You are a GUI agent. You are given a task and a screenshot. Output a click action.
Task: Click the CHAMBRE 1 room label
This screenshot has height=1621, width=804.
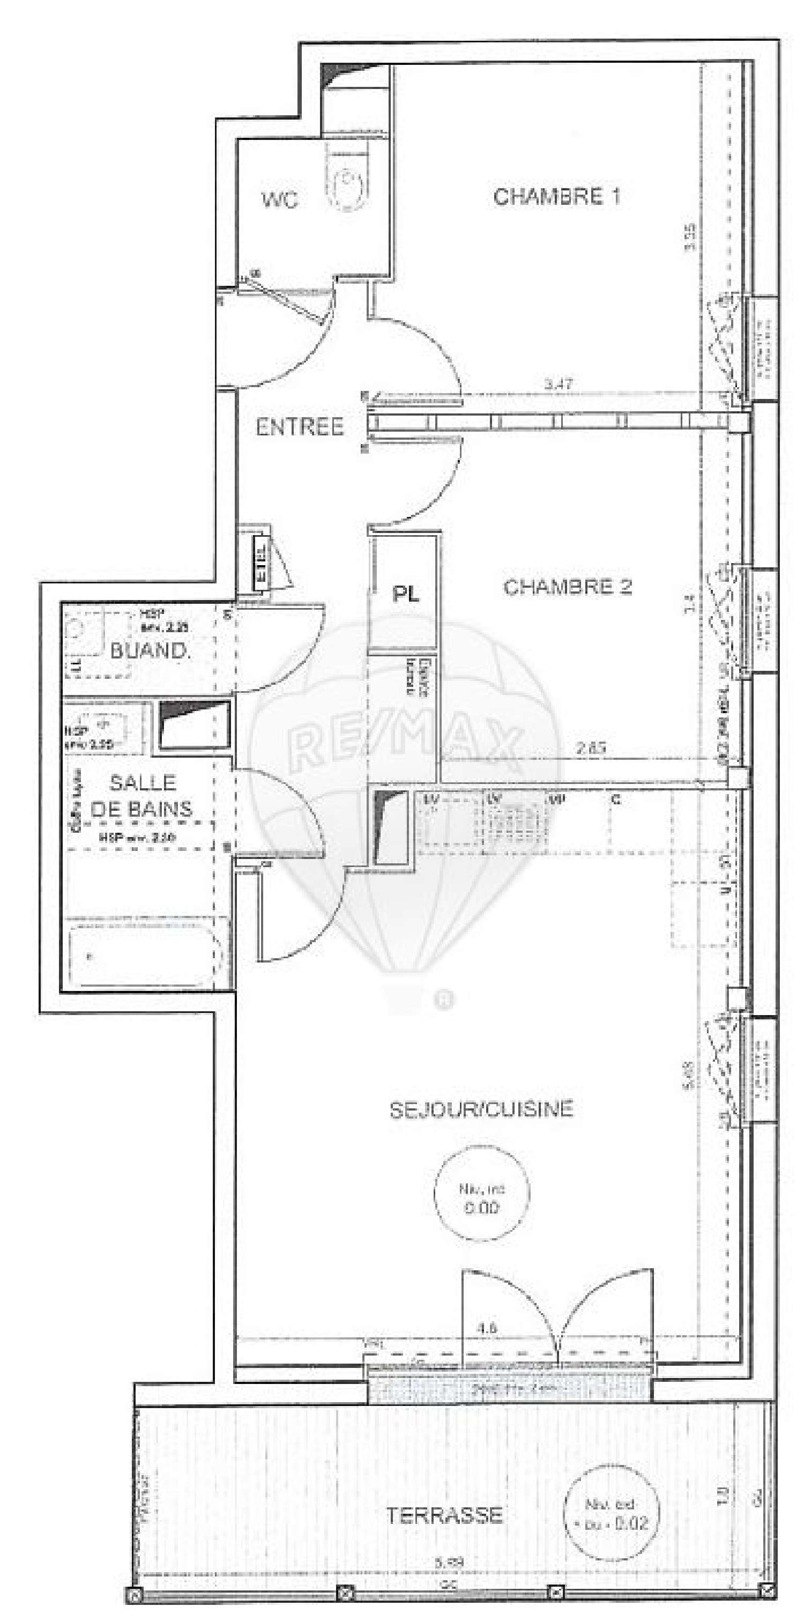click(556, 196)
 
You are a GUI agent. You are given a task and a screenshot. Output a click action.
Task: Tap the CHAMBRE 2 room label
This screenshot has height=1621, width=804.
click(567, 587)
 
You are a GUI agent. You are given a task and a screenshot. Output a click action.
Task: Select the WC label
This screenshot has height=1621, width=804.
click(280, 200)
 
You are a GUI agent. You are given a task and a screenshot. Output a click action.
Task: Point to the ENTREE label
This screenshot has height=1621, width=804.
click(300, 427)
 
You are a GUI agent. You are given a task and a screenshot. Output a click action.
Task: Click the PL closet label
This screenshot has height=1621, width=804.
click(406, 594)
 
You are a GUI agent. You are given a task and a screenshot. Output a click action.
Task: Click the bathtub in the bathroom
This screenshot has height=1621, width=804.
click(146, 957)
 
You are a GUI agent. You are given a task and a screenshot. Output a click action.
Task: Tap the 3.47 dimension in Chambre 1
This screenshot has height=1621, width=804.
click(558, 384)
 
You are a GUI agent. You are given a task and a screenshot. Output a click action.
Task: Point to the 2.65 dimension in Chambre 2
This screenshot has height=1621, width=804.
click(590, 749)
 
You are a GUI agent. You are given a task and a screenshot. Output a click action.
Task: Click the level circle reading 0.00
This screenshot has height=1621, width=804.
click(482, 1199)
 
